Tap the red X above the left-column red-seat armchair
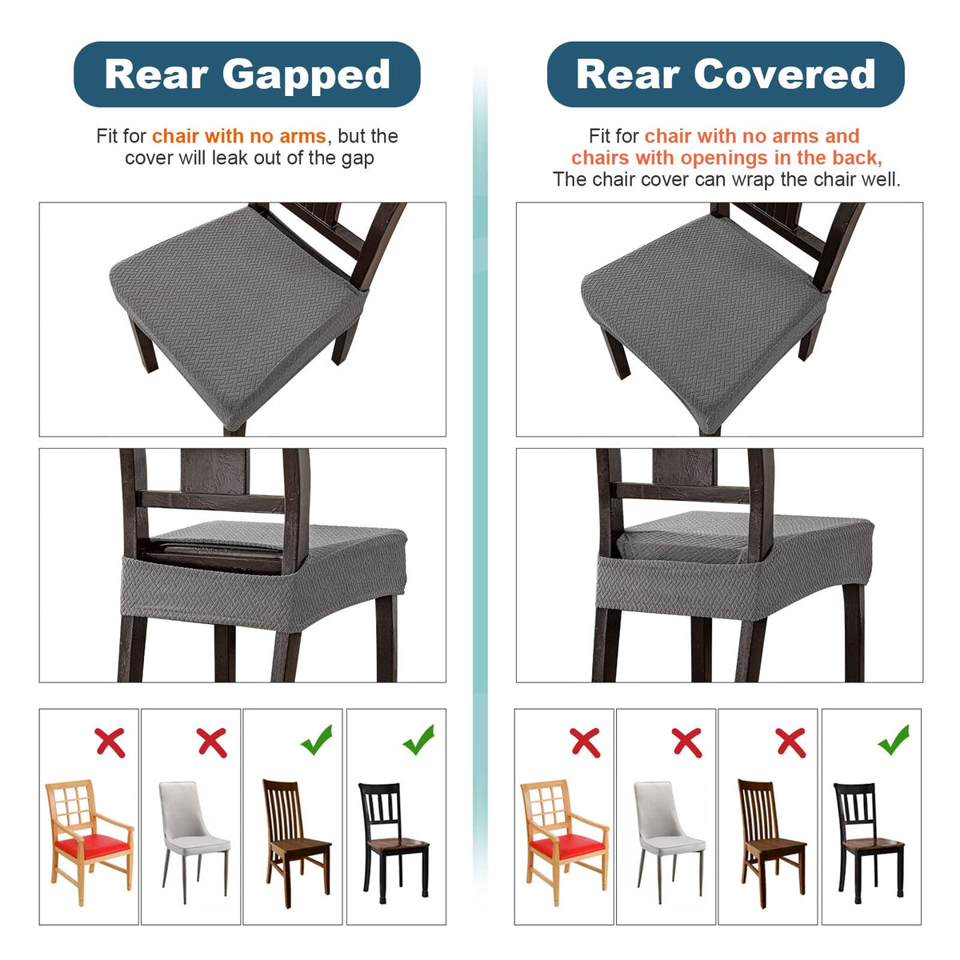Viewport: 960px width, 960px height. [x=110, y=742]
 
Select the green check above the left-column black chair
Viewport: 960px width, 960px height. [x=418, y=739]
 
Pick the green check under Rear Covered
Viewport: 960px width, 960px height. [x=894, y=739]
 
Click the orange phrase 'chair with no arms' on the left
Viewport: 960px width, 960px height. [x=239, y=136]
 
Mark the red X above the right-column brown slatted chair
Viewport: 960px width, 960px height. [x=790, y=742]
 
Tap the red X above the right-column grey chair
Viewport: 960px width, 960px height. [x=687, y=742]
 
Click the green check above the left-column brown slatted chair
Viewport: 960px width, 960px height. [x=316, y=739]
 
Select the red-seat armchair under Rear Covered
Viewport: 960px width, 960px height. [x=565, y=842]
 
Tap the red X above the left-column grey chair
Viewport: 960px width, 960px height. [x=212, y=742]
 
